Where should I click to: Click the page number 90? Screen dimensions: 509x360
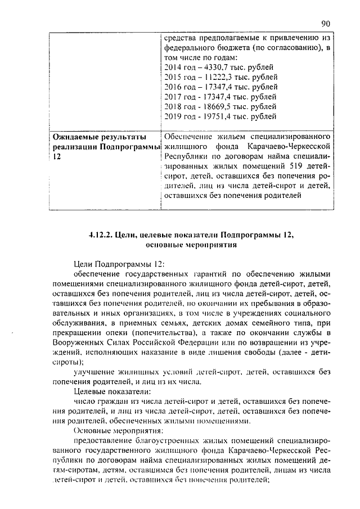[x=325, y=23]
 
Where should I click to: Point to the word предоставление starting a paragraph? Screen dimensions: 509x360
[x=105, y=440]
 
